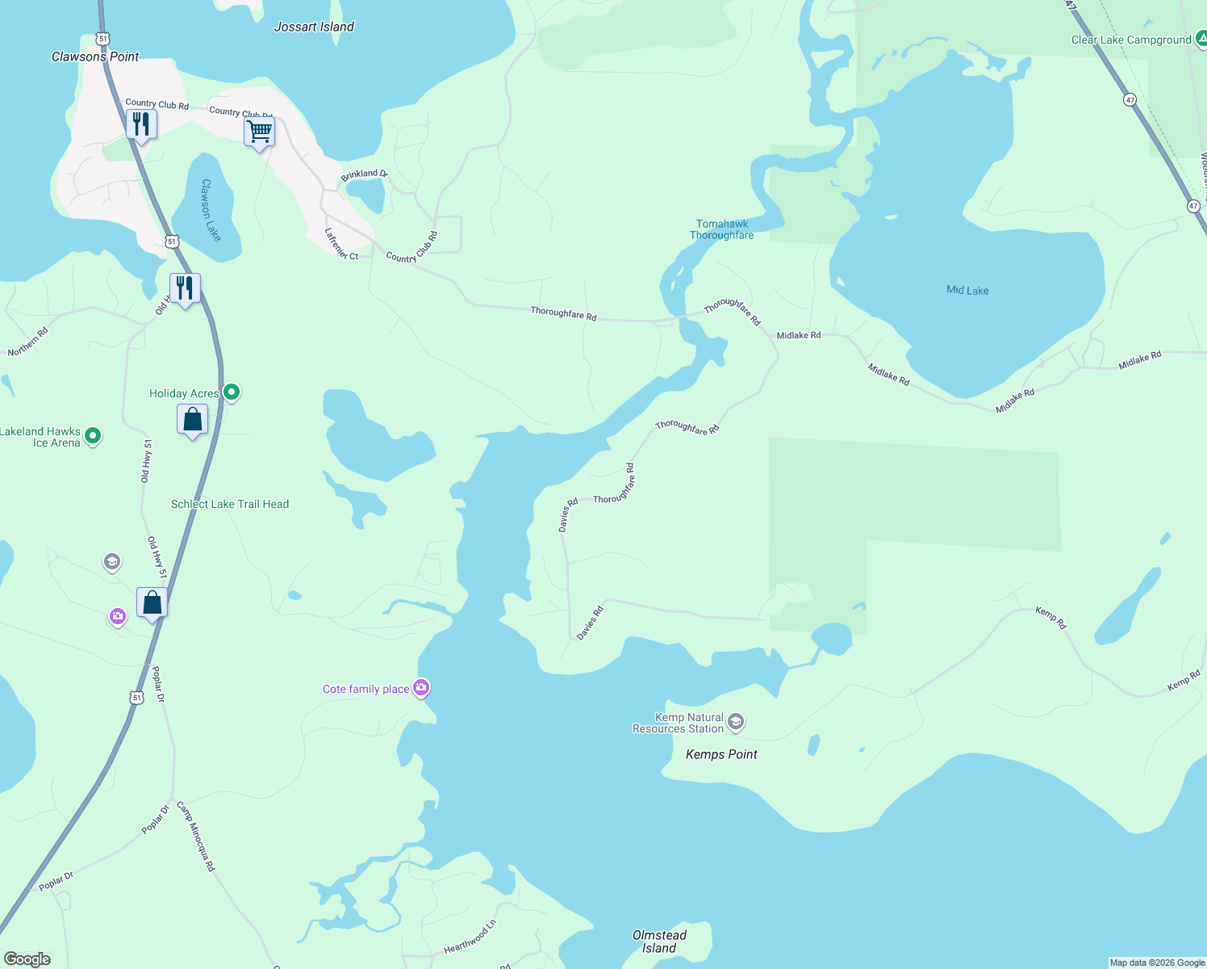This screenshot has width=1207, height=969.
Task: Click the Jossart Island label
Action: [314, 27]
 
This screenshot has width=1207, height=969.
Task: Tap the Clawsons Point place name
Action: [95, 57]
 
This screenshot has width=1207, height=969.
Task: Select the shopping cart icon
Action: [260, 131]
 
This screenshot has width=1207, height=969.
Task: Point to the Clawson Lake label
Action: [211, 209]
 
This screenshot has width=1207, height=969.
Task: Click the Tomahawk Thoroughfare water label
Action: [722, 229]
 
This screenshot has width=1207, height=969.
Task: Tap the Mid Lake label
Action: [967, 290]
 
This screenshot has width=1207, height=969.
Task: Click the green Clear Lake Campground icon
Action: [1201, 40]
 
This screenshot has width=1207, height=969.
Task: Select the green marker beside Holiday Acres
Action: [232, 393]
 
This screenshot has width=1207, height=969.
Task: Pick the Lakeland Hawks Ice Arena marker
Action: [93, 437]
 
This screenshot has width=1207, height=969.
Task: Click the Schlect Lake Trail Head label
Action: [230, 504]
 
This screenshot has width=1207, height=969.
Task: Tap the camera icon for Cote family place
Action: [421, 688]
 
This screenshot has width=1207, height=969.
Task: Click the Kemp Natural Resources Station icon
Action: [735, 722]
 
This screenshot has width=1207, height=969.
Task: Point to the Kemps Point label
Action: [721, 754]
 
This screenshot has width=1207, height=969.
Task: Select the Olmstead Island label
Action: [659, 942]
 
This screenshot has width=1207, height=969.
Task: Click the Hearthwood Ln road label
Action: [470, 937]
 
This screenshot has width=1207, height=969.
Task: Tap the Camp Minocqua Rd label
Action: [196, 837]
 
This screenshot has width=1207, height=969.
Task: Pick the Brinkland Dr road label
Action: [364, 174]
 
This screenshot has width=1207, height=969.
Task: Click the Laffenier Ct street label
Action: [340, 244]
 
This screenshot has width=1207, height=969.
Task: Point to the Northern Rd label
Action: [28, 342]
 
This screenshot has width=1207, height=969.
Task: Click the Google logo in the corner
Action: [27, 959]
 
